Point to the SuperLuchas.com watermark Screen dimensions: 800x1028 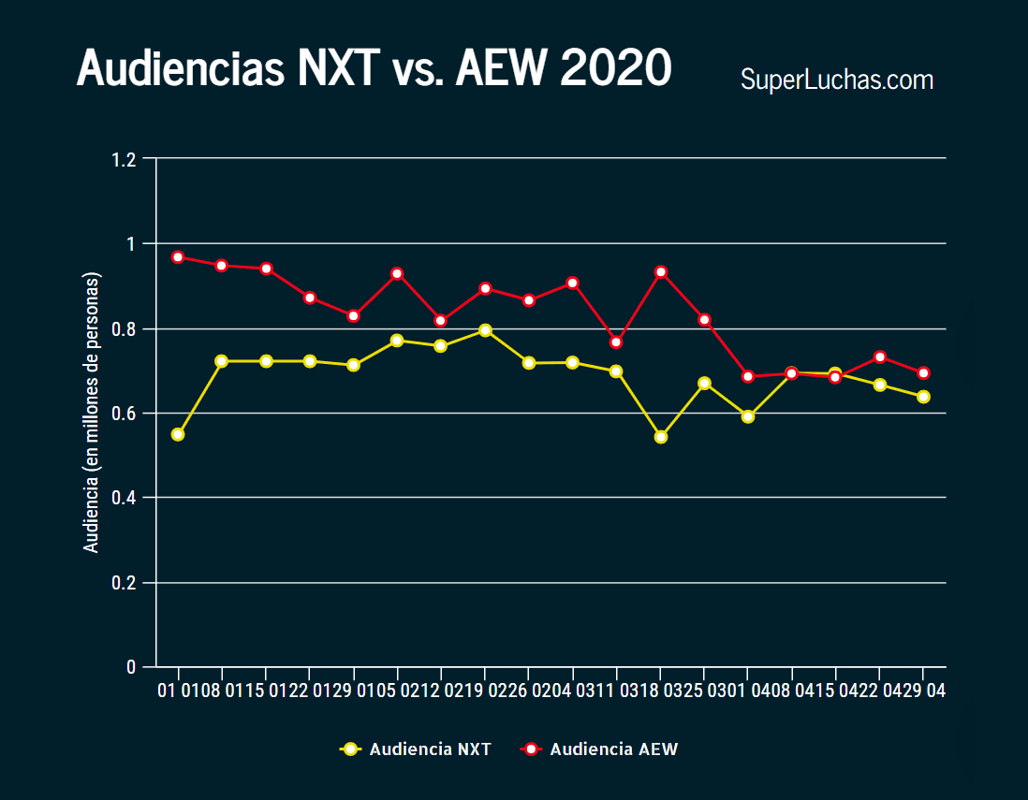(x=837, y=80)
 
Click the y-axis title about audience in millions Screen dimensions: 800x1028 (x=92, y=413)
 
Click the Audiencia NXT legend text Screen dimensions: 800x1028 (x=430, y=749)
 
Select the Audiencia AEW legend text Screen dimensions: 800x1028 (x=613, y=749)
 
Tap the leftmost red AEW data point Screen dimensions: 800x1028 (x=178, y=257)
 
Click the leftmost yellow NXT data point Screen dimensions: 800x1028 (x=178, y=434)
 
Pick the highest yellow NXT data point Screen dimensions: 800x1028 (x=485, y=330)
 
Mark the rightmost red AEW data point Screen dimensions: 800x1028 (x=923, y=373)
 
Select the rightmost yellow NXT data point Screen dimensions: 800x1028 (x=923, y=397)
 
